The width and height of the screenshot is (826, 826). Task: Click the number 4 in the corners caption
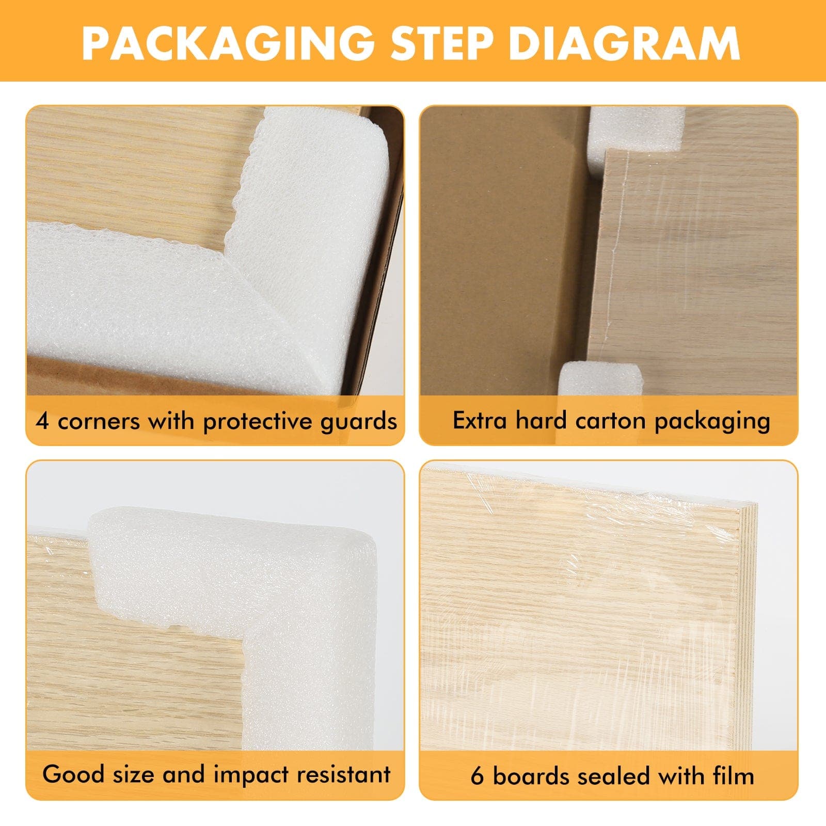[42, 421]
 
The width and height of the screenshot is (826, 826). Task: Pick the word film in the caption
[734, 776]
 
